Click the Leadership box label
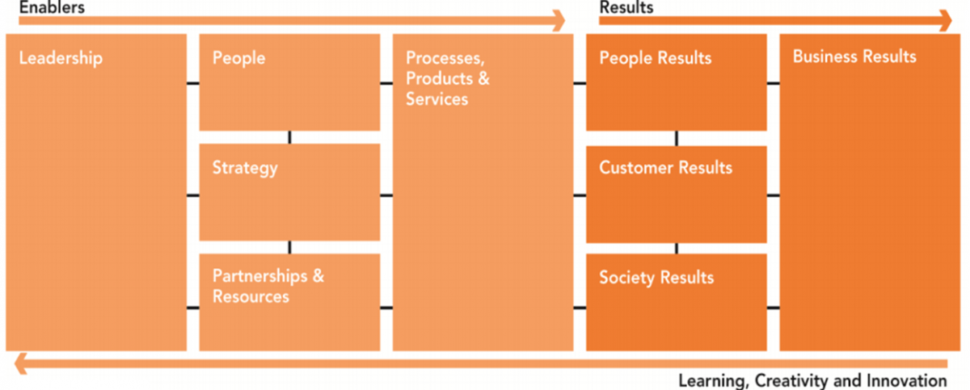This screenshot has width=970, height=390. click(61, 58)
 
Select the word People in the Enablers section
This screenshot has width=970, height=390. click(238, 58)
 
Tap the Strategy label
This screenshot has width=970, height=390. click(245, 168)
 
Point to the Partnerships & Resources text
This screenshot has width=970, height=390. click(268, 286)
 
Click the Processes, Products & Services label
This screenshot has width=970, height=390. click(448, 78)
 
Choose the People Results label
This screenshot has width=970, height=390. click(656, 58)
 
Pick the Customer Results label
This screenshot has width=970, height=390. click(665, 168)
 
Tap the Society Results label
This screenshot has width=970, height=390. click(656, 278)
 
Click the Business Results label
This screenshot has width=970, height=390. click(854, 57)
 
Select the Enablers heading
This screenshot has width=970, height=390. click(52, 7)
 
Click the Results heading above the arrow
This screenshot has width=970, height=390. click(626, 7)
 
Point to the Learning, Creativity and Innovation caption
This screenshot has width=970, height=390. click(812, 380)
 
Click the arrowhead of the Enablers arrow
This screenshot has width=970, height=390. click(557, 21)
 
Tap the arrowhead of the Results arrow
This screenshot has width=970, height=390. click(946, 21)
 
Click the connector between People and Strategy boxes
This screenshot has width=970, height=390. click(289, 137)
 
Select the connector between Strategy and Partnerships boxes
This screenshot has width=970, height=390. click(289, 247)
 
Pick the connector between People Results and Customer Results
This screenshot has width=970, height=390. click(677, 138)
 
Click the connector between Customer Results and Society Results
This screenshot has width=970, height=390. click(677, 248)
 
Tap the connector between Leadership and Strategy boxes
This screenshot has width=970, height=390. click(192, 195)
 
